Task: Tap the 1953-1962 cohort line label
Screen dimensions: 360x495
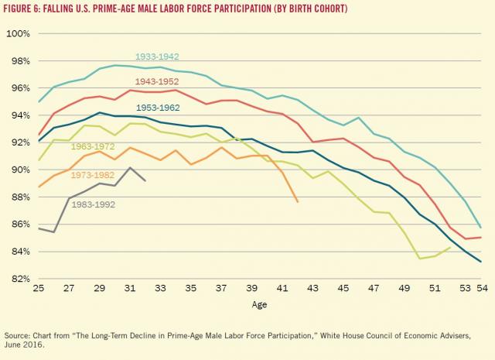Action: coord(159,108)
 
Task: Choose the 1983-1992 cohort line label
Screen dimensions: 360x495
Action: coord(93,204)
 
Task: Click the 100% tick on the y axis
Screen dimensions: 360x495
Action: coord(18,34)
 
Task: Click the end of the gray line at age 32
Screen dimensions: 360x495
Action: coord(145,180)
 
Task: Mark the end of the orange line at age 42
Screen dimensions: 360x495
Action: coord(298,202)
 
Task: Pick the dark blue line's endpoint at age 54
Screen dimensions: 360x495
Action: coord(480,262)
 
